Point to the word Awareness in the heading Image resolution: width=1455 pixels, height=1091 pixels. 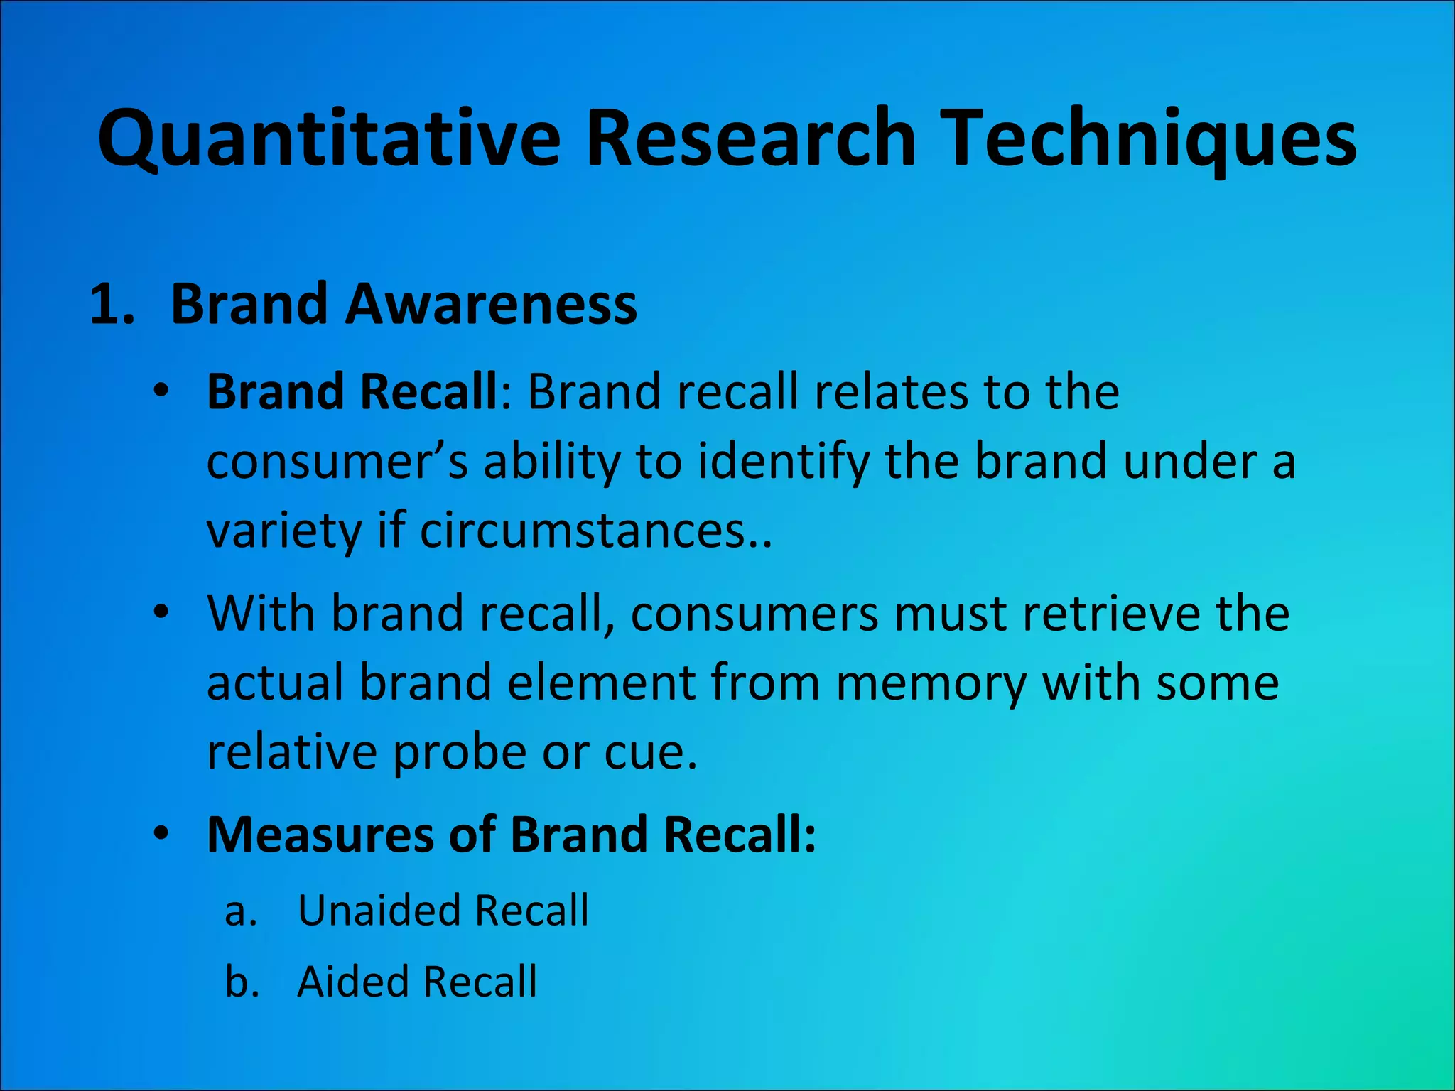pos(491,304)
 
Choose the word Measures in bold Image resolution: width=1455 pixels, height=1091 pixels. pos(320,834)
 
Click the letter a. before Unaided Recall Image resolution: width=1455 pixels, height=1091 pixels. pos(240,911)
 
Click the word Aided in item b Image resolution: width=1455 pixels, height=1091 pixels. pos(351,982)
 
